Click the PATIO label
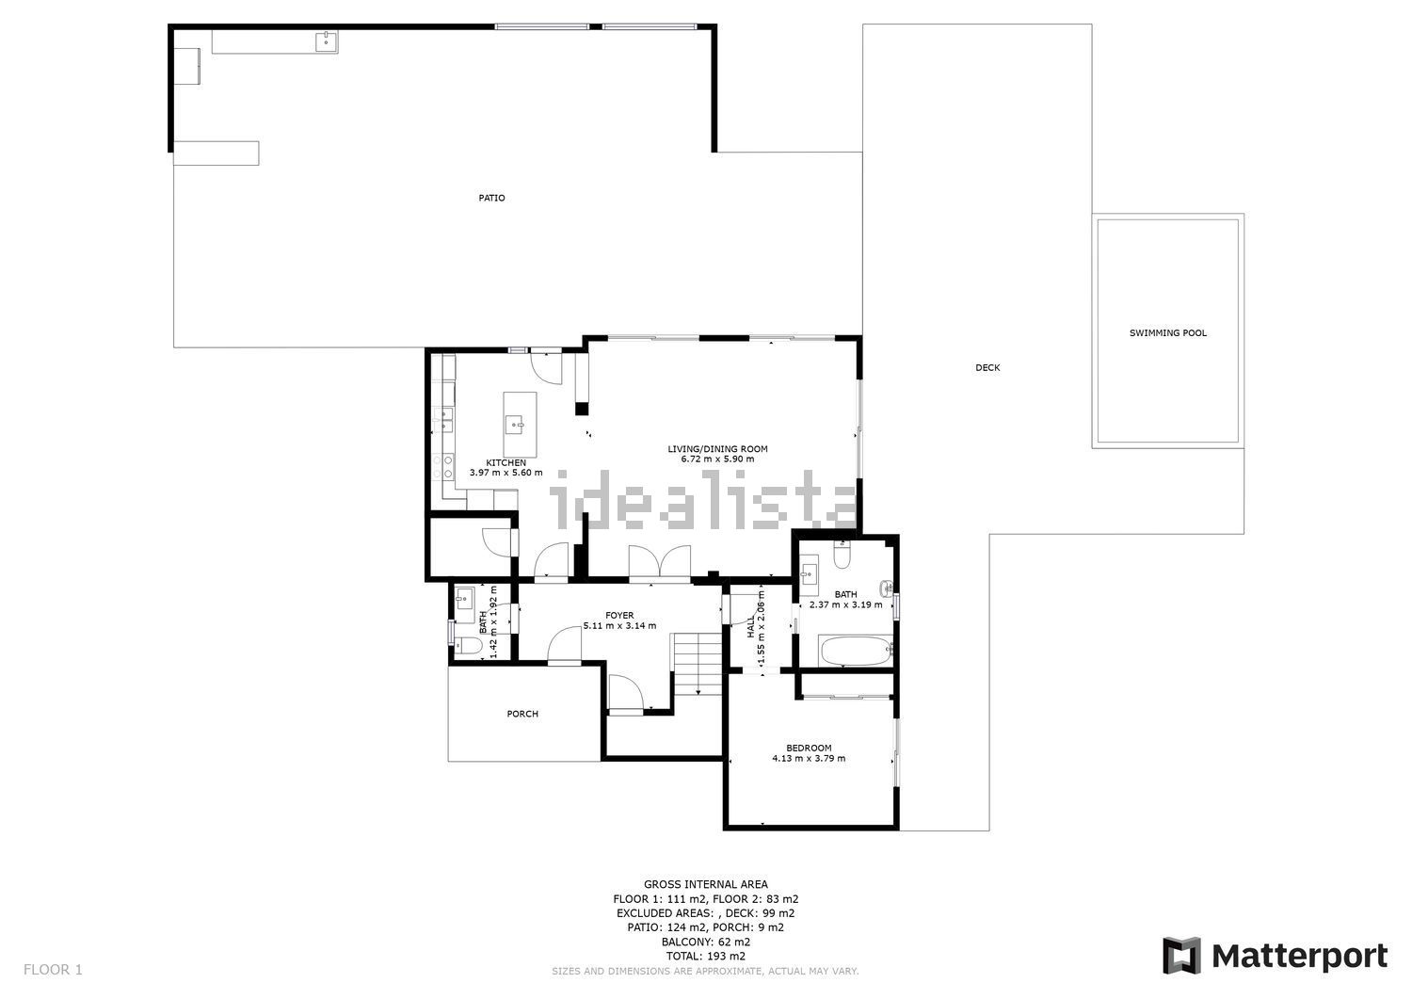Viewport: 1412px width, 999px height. click(x=491, y=198)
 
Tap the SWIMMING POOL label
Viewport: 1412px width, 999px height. click(x=1167, y=333)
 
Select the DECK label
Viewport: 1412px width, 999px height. click(x=987, y=368)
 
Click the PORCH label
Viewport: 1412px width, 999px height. click(x=522, y=714)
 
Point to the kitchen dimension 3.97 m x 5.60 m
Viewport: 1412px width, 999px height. click(x=505, y=473)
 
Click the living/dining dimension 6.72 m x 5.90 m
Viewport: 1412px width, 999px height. click(x=717, y=459)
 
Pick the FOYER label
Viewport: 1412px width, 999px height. click(x=619, y=616)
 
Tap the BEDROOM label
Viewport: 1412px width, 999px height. click(x=809, y=748)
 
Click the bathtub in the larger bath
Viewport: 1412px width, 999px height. click(x=856, y=651)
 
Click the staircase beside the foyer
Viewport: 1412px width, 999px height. click(x=698, y=664)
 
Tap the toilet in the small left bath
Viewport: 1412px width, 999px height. click(x=468, y=645)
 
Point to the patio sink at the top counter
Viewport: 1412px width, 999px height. click(x=326, y=41)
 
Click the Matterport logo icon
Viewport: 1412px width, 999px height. click(x=1182, y=956)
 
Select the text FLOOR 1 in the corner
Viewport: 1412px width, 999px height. click(x=53, y=970)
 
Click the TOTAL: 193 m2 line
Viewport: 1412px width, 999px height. click(x=705, y=956)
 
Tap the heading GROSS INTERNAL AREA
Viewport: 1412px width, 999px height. click(x=705, y=884)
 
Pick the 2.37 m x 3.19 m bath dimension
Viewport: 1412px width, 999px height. click(x=845, y=604)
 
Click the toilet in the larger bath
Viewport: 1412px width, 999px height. click(x=842, y=555)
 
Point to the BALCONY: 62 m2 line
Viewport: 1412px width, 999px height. click(x=705, y=942)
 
